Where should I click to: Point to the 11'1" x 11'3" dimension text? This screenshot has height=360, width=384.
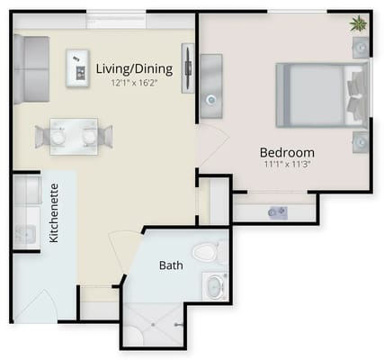pyautogui.click(x=287, y=165)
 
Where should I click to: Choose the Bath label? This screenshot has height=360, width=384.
pyautogui.click(x=171, y=265)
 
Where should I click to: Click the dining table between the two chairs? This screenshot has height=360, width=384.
pyautogui.click(x=74, y=135)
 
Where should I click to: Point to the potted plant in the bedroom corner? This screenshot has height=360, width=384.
pyautogui.click(x=358, y=23)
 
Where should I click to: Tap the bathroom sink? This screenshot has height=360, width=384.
pyautogui.click(x=215, y=287)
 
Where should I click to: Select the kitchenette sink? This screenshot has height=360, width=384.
pyautogui.click(x=24, y=234)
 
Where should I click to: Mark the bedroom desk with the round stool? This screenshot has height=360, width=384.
pyautogui.click(x=212, y=85)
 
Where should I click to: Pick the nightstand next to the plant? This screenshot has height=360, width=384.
pyautogui.click(x=360, y=47)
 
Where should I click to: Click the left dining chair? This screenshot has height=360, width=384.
pyautogui.click(x=46, y=136)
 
